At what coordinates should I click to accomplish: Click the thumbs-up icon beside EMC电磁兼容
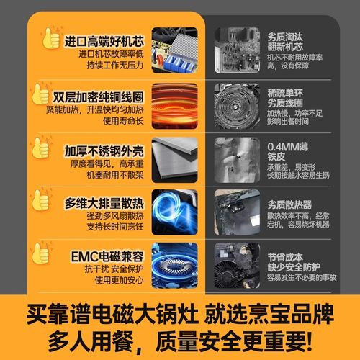pos(41,253)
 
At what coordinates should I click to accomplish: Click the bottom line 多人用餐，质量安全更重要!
pos(180,338)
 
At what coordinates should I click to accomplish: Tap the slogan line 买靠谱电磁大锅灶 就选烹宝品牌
pos(180,315)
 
